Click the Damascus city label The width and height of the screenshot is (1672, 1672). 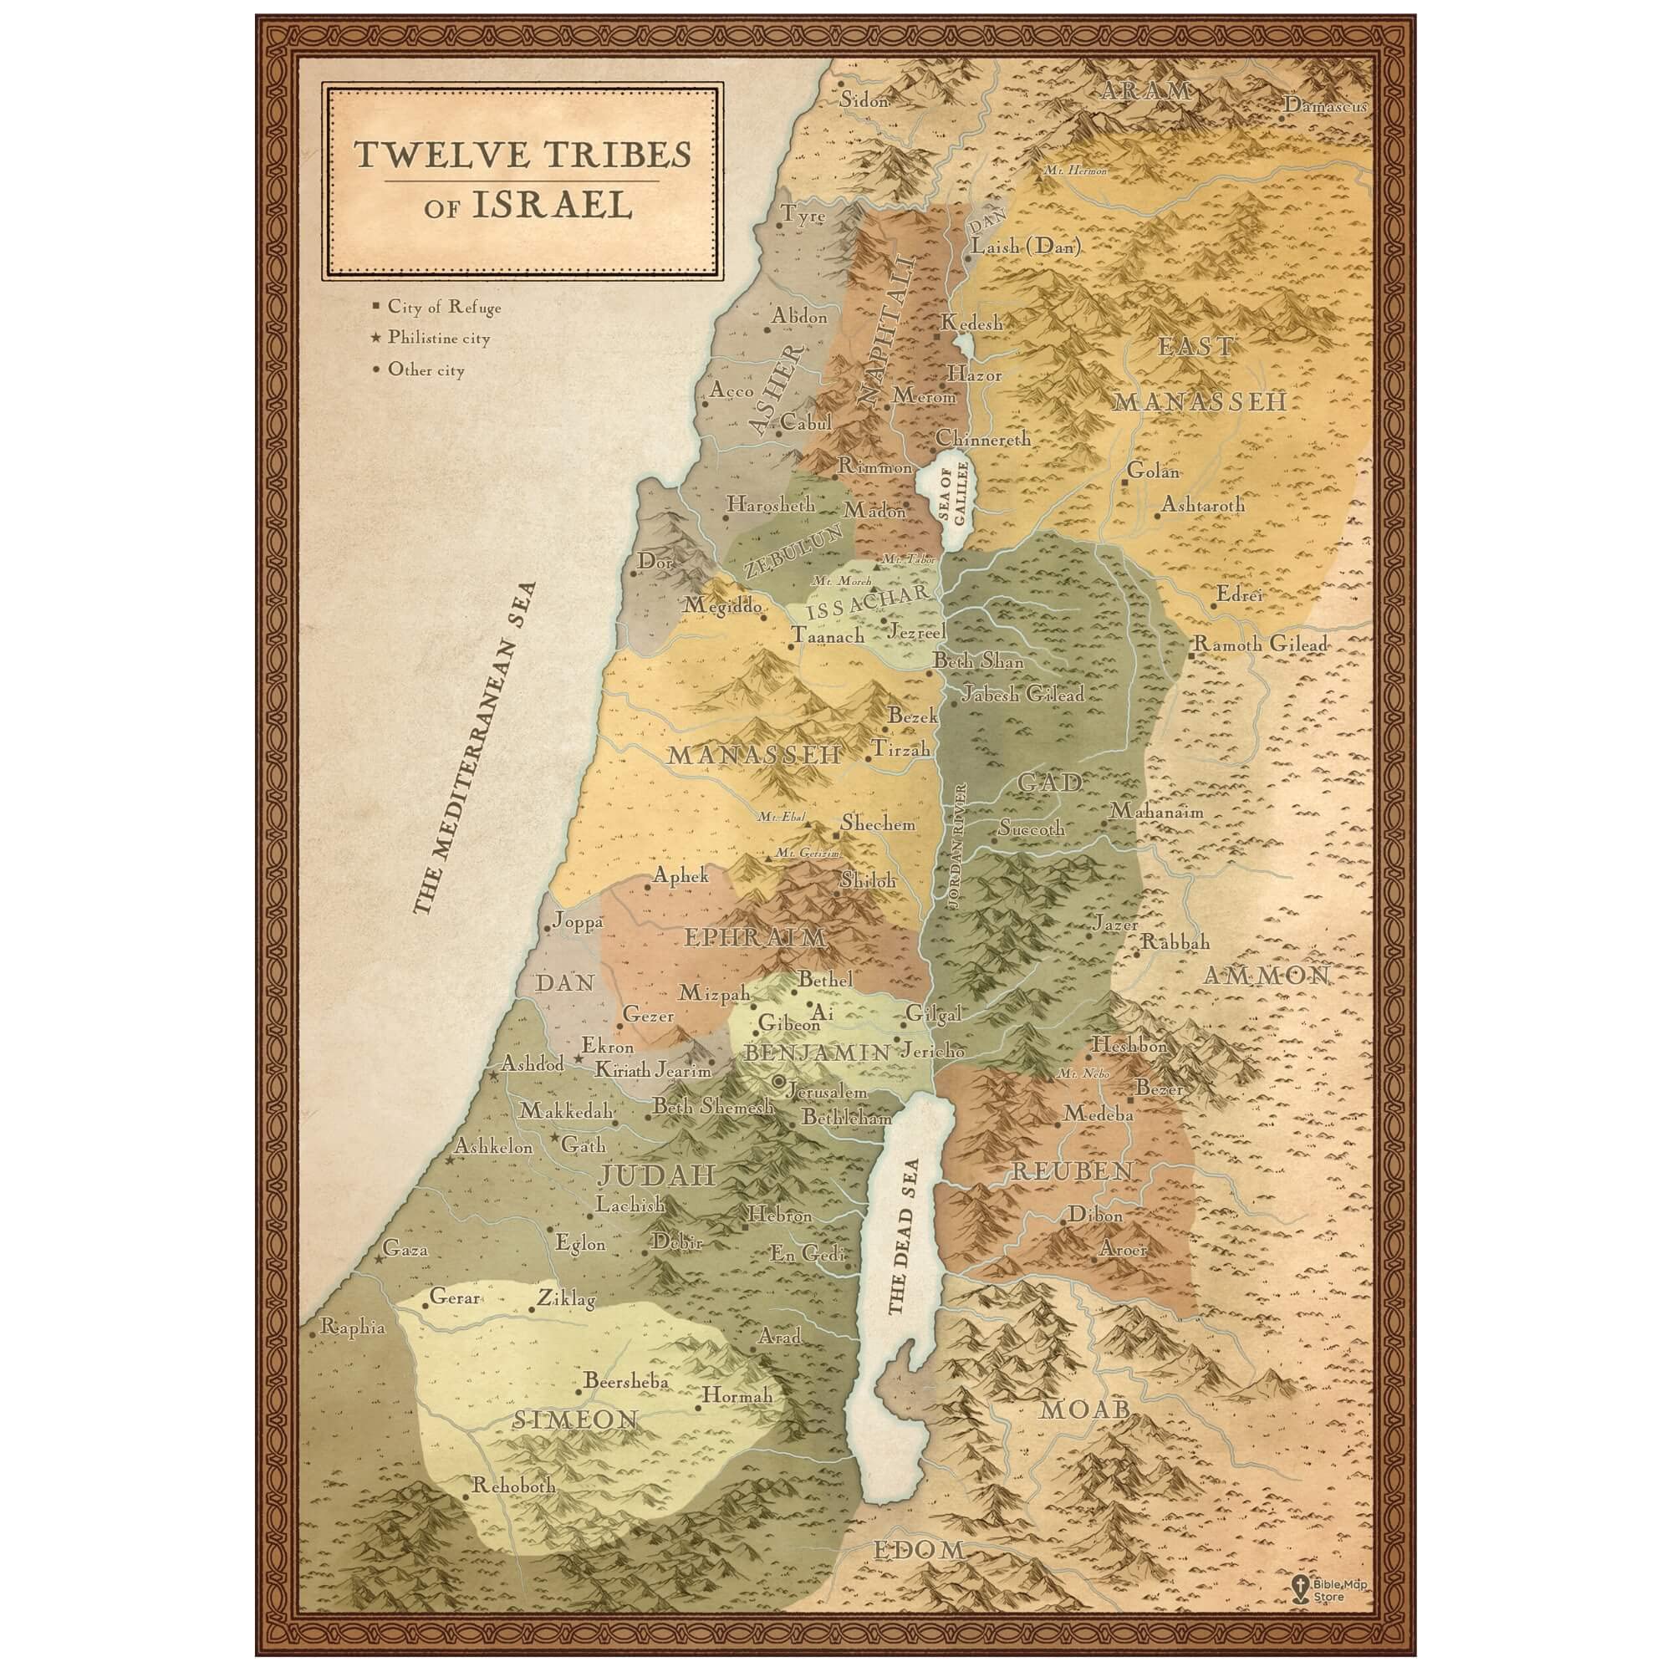click(x=1324, y=105)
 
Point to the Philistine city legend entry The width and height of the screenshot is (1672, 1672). click(x=438, y=339)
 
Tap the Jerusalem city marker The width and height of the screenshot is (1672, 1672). click(x=778, y=1081)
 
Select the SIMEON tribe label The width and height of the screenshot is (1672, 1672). click(x=563, y=1420)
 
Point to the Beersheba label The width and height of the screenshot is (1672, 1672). click(x=625, y=1381)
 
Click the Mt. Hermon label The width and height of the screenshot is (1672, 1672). click(x=1075, y=171)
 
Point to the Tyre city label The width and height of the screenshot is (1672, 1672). click(x=803, y=216)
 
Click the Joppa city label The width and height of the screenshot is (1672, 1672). click(x=577, y=924)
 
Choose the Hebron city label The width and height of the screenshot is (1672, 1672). click(x=780, y=1216)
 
